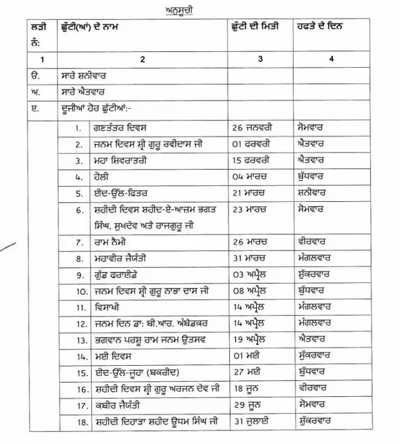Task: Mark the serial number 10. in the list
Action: pyautogui.click(x=80, y=291)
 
